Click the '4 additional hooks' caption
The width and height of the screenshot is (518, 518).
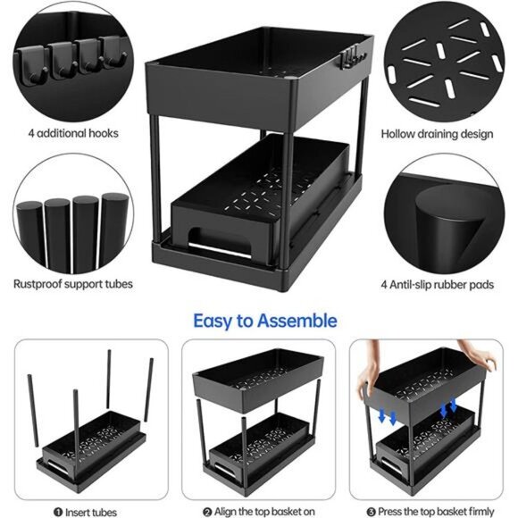pos(72,133)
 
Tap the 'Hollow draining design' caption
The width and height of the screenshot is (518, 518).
pos(437,134)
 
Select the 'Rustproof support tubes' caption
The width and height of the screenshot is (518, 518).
pos(72,284)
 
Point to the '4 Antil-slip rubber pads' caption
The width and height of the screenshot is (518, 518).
pos(437,284)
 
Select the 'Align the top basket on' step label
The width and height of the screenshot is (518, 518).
pos(258,511)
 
